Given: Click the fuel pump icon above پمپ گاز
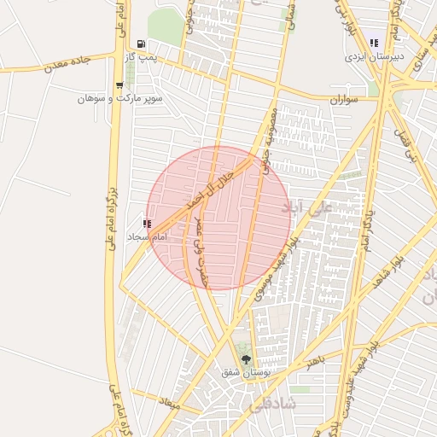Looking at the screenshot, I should (x=141, y=44).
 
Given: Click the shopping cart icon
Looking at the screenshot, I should (x=119, y=85).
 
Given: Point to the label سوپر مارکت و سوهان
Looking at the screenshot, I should (x=119, y=99).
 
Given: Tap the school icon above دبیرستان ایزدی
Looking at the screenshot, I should (x=373, y=43).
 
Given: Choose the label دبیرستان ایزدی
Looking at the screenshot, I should (x=373, y=57).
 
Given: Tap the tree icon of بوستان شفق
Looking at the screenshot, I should (x=246, y=359).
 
